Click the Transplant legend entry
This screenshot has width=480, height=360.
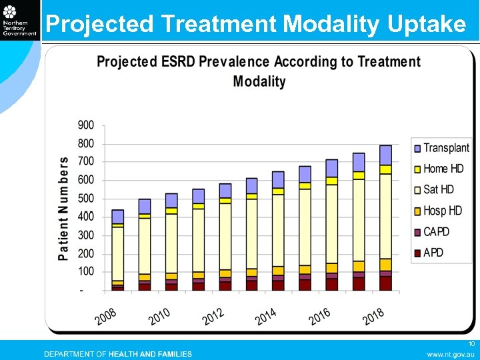tap(441, 148)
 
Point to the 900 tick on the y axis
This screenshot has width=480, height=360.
tap(86, 125)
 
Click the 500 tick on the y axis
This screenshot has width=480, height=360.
tap(86, 199)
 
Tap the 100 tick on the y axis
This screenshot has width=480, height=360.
tap(86, 271)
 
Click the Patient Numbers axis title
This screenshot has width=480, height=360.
tap(63, 208)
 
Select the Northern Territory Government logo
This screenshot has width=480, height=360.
tap(19, 20)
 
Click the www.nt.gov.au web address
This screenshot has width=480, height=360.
tap(450, 354)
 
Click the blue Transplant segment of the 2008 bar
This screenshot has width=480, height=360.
tap(118, 216)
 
